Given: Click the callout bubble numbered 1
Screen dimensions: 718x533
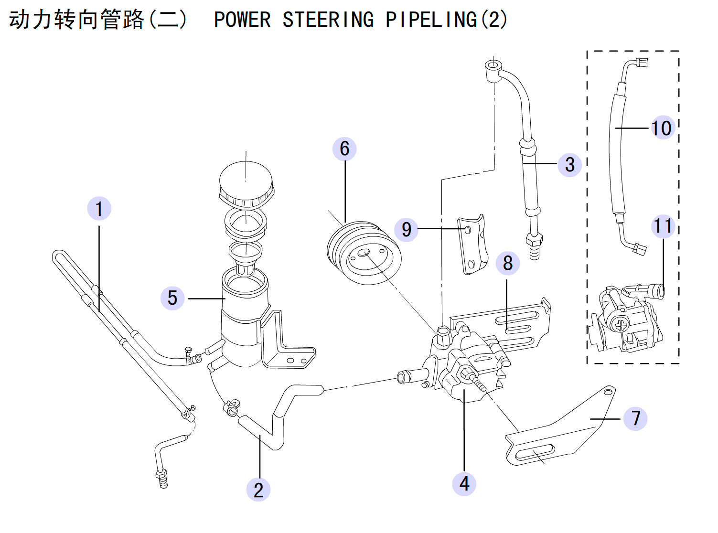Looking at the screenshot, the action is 99,208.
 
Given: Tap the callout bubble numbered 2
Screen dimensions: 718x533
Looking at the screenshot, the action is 258,490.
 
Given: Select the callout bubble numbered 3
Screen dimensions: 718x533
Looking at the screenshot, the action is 570,165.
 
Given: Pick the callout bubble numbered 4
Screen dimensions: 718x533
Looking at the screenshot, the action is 464,484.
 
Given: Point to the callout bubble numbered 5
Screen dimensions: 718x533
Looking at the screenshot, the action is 172,298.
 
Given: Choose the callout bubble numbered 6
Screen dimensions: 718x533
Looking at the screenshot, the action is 344,149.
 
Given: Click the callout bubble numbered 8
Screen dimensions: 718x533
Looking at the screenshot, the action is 508,263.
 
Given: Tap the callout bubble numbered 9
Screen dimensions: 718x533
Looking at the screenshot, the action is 406,229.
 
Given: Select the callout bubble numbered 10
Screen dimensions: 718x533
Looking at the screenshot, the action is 663,128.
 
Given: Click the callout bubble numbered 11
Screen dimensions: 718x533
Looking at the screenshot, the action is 663,226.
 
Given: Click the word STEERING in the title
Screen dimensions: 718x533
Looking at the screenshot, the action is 328,20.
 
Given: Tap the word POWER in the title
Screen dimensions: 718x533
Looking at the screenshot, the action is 242,20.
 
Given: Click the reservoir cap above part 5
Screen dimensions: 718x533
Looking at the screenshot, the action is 246,184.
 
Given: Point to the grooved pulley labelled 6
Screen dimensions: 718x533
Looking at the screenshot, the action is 364,253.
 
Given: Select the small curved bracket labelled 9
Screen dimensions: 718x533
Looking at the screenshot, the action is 473,245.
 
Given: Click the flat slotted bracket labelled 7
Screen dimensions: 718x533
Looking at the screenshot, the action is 560,430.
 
